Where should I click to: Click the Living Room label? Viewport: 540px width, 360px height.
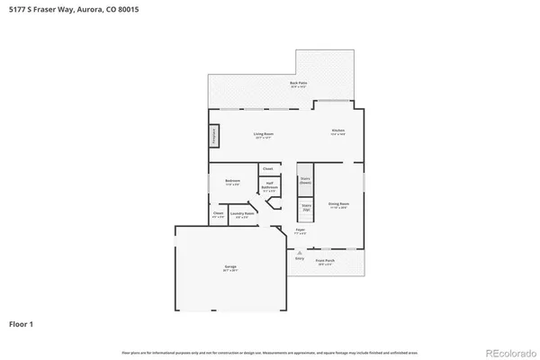click(x=264, y=135)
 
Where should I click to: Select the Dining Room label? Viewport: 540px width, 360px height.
click(x=338, y=205)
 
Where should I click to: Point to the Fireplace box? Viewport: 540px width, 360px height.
click(x=214, y=136)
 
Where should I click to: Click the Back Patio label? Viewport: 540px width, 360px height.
click(x=299, y=85)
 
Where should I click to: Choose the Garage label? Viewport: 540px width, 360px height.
click(x=230, y=267)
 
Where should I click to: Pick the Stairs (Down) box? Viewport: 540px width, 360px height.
click(x=305, y=179)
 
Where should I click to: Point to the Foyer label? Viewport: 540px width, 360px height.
click(x=301, y=231)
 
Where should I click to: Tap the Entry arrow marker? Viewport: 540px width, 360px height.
click(x=299, y=253)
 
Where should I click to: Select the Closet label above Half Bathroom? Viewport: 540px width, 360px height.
click(x=267, y=168)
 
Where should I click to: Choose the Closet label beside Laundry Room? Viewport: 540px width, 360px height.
click(x=218, y=215)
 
